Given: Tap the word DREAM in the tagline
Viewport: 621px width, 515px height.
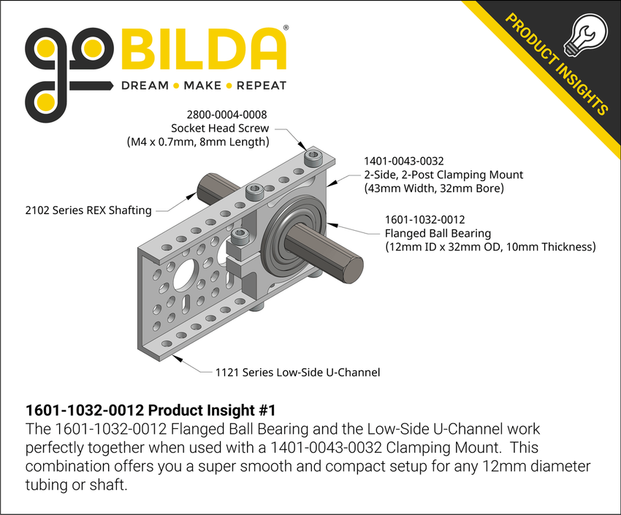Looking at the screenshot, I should [x=144, y=85].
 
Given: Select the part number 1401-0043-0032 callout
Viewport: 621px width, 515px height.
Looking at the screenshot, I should [x=403, y=161].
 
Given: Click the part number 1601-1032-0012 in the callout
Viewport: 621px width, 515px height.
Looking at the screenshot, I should [x=425, y=219].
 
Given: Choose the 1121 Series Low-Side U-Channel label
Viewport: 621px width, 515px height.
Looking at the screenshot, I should [x=297, y=373].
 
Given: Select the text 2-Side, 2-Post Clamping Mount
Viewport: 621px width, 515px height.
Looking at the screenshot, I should [x=443, y=174].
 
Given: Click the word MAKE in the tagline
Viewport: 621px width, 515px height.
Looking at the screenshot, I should [x=202, y=85].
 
